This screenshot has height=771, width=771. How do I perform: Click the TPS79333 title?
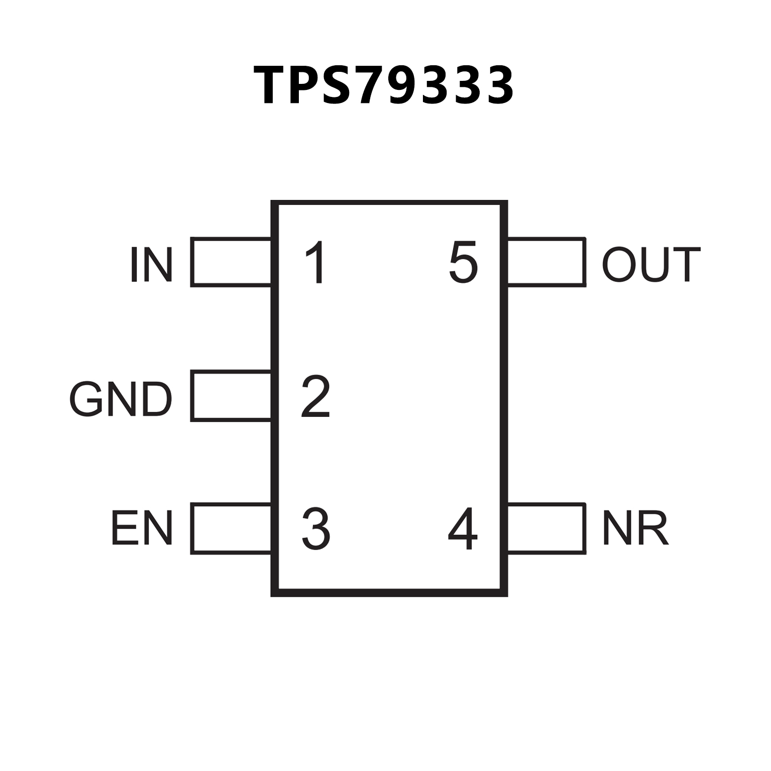[384, 85]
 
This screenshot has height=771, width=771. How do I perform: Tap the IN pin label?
[151, 264]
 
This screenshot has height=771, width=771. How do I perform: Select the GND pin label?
[121, 399]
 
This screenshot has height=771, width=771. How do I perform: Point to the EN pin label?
[142, 528]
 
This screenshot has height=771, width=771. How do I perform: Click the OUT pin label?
[651, 264]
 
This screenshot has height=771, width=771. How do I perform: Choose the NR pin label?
[635, 528]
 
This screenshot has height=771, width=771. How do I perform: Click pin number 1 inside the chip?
[316, 263]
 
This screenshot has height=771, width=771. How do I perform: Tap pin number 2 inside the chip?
[315, 397]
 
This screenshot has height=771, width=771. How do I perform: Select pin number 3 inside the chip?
[315, 528]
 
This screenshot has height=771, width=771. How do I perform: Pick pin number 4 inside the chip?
[462, 528]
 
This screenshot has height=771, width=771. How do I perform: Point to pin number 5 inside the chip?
[463, 263]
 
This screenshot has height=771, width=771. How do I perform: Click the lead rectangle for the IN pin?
[231, 262]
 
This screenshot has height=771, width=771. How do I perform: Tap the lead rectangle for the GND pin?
[231, 396]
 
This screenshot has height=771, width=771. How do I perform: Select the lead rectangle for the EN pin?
[231, 528]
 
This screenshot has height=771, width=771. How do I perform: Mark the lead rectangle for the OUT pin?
[546, 262]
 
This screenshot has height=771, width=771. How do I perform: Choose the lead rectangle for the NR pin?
[546, 528]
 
